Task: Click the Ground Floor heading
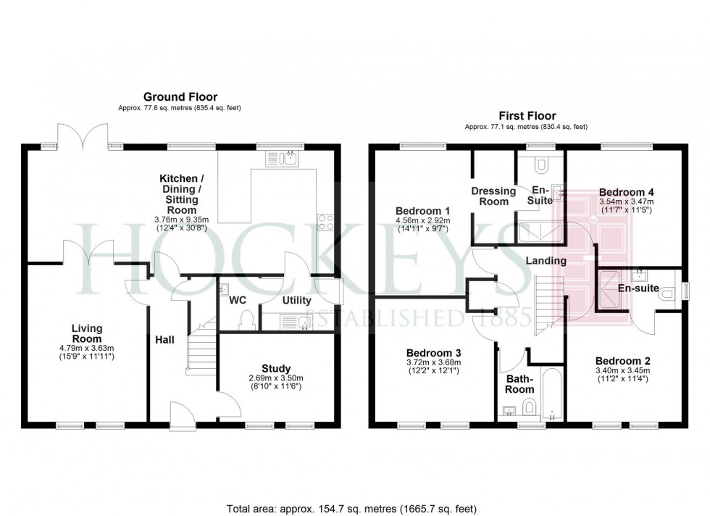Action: point(180,96)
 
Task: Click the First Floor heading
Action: point(526,115)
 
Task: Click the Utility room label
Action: point(296,300)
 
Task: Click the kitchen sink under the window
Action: point(283,158)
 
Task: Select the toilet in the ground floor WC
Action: point(247,320)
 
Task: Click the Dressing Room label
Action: point(493,196)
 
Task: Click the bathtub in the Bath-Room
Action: point(551,396)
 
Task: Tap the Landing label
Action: point(546,260)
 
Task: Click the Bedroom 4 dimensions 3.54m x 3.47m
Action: point(626,201)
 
